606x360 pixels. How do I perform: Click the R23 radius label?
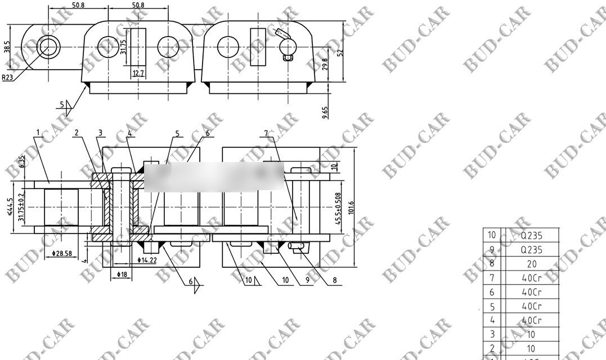[x=7, y=78]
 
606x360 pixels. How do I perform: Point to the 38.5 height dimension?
[x=7, y=47]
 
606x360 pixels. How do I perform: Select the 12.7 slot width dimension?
[x=138, y=73]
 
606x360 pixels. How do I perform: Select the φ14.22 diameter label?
[x=147, y=260]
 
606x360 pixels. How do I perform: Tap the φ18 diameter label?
[x=122, y=274]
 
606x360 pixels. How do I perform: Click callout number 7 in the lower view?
[x=266, y=133]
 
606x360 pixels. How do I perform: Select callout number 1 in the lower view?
[x=38, y=133]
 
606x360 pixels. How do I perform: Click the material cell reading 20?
[x=531, y=263]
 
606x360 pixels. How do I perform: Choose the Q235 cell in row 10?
[x=531, y=235]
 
